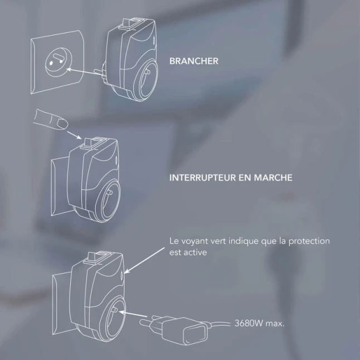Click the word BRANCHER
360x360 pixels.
tap(194, 61)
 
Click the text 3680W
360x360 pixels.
tap(249, 323)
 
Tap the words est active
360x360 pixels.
tap(188, 252)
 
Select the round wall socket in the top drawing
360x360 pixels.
tap(59, 62)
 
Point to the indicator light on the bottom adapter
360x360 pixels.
tap(122, 275)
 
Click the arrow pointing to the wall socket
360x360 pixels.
tap(84, 71)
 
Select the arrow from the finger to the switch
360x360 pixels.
tap(74, 135)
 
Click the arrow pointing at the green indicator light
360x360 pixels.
tap(144, 260)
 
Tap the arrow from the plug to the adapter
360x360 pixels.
tap(132, 314)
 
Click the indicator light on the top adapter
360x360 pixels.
tap(154, 41)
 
